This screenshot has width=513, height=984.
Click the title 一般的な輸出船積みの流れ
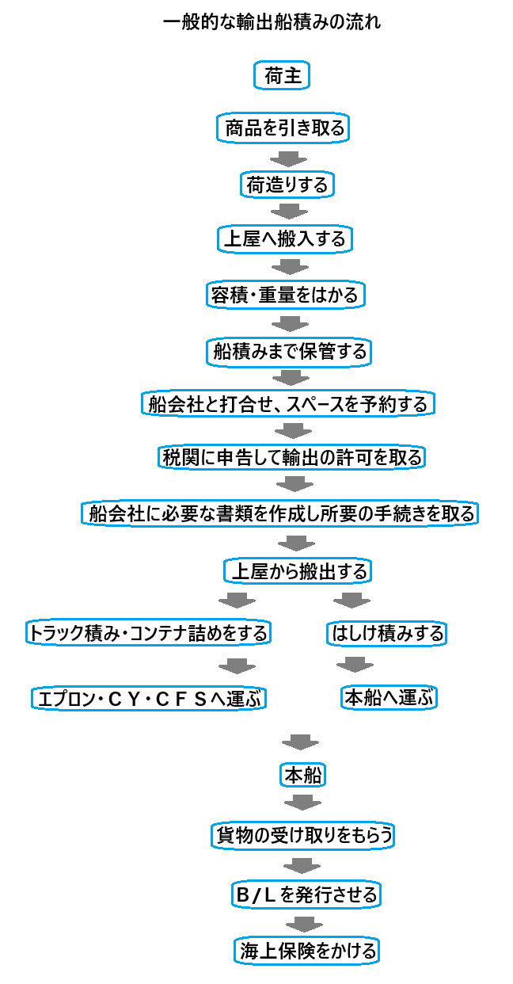coord(272,22)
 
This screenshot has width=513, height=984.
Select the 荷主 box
coord(282,75)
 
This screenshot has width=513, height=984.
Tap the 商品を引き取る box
coord(283,128)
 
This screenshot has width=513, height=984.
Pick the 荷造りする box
coord(287,185)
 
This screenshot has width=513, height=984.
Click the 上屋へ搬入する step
coord(285,239)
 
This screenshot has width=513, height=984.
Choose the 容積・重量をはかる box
coord(286,294)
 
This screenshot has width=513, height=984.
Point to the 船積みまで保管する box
coord(289,352)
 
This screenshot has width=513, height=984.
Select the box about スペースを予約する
coord(288,404)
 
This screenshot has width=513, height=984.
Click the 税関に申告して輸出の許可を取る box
coord(292,457)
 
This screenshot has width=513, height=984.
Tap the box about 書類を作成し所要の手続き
coord(280,513)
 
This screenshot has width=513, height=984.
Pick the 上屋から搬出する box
coord(298,571)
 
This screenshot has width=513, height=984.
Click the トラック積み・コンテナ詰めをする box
coord(148,632)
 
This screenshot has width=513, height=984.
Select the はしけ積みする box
coord(386,634)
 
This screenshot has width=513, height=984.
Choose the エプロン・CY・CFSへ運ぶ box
coord(149,698)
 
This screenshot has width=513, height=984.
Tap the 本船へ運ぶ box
coord(389,697)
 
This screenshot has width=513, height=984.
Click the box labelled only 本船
coord(302,775)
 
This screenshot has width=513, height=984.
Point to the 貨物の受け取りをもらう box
coord(302,835)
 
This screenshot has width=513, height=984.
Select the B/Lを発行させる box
coord(306,894)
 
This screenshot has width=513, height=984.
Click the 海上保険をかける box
coord(306,951)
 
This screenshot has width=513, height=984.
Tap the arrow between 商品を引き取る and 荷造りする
coord(288,159)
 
